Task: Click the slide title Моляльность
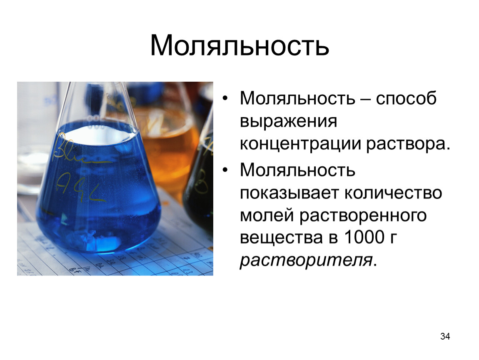(239, 45)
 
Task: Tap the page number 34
(445, 336)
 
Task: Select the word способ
(406, 99)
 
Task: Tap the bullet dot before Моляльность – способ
(225, 100)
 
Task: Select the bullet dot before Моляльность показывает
(225, 171)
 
